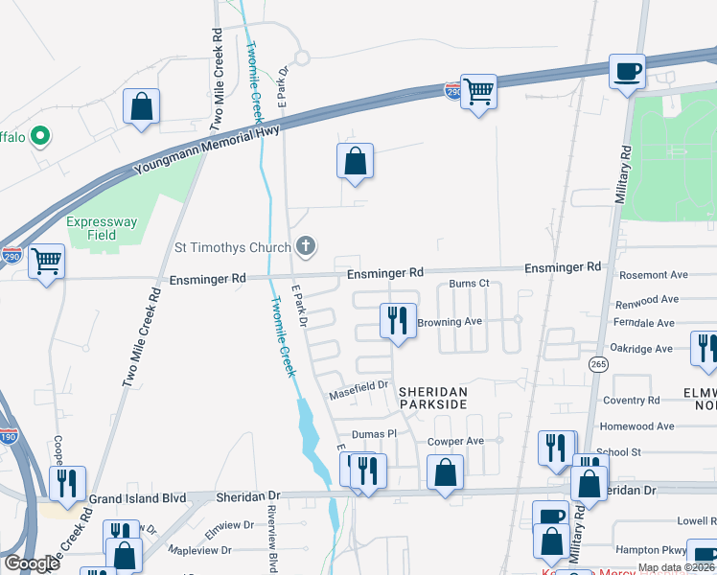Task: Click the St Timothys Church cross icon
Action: click(306, 247)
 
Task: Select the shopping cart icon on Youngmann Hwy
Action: click(477, 92)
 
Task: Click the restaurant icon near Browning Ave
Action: click(398, 320)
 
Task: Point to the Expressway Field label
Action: click(104, 228)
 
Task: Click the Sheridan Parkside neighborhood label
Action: click(432, 399)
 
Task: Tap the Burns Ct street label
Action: click(470, 284)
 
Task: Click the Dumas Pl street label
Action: click(373, 434)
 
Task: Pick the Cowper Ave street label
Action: click(455, 441)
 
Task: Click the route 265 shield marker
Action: click(599, 364)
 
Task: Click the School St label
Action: click(618, 451)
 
